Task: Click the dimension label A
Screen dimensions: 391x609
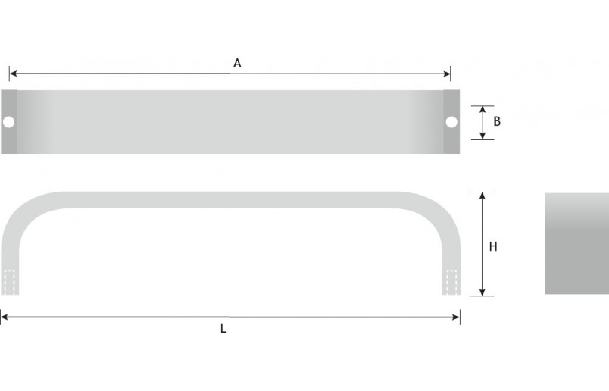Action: tap(237, 64)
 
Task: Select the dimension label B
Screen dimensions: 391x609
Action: tap(497, 121)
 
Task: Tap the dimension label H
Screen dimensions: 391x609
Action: tap(493, 246)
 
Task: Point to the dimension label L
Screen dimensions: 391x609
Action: tap(223, 329)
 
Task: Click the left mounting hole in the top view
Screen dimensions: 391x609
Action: tap(9, 121)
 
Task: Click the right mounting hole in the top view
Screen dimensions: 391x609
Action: tap(451, 121)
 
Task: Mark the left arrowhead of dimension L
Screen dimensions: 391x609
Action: tap(4, 316)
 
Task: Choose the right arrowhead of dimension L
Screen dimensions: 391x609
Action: tap(456, 316)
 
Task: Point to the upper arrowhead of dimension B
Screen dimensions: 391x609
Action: tap(483, 109)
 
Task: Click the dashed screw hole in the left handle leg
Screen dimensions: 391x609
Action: tap(10, 282)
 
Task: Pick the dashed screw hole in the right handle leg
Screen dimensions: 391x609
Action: tap(451, 282)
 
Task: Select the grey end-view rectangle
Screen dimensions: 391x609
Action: tap(576, 243)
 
